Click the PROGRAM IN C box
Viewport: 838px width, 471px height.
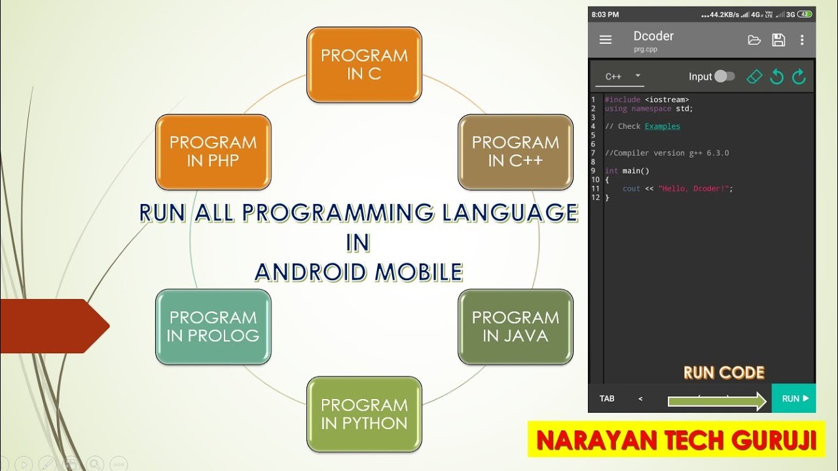[364, 65]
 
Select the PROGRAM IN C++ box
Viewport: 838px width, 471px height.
[515, 152]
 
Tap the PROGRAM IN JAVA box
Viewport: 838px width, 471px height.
[515, 326]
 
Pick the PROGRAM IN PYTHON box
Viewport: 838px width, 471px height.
[364, 414]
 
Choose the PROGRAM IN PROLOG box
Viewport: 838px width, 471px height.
[213, 326]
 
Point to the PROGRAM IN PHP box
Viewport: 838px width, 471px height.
[213, 152]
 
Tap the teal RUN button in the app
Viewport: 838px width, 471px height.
[794, 398]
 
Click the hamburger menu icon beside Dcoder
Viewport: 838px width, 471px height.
[606, 40]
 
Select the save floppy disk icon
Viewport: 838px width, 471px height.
[778, 40]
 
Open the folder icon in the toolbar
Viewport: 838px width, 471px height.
[754, 40]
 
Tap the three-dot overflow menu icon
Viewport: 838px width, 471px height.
[802, 40]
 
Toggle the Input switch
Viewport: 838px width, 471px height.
[724, 77]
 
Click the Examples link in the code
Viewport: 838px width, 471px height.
[662, 126]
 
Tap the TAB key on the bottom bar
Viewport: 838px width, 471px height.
[607, 398]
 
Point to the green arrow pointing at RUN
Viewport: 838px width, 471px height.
[717, 401]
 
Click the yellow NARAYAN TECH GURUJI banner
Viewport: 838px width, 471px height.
[676, 440]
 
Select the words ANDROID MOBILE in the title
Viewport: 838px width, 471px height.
[358, 271]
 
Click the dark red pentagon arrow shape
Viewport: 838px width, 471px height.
[52, 326]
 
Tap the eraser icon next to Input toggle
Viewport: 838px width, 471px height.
[755, 77]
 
